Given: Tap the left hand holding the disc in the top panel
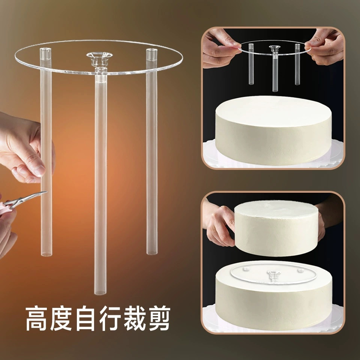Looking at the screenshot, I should (x=219, y=47).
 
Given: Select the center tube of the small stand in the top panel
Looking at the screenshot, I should (x=275, y=73).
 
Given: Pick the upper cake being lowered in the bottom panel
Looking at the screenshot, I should (x=276, y=227).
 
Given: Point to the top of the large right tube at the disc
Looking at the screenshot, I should (x=151, y=52).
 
